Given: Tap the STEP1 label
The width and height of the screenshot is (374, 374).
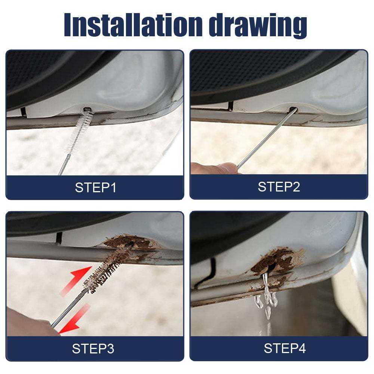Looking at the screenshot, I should pyautogui.click(x=95, y=187).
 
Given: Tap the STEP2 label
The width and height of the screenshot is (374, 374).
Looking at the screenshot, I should pyautogui.click(x=279, y=187).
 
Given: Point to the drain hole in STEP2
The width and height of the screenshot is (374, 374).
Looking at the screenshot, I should pyautogui.click(x=292, y=110).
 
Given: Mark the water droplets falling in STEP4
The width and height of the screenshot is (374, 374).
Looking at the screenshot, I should pyautogui.click(x=266, y=299).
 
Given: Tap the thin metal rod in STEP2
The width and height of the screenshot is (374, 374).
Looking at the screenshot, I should pyautogui.click(x=262, y=142).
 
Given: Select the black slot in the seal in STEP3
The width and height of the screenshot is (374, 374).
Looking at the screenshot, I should pyautogui.click(x=58, y=236).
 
